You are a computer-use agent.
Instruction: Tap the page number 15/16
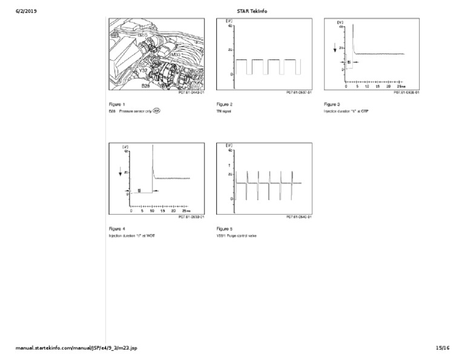443,348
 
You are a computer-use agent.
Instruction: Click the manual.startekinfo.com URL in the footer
76,348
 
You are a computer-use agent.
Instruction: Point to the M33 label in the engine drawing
176,55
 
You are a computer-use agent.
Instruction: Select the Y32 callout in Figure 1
143,71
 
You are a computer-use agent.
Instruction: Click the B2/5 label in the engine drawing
143,35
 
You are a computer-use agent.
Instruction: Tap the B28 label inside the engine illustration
145,86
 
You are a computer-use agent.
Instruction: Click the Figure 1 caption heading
117,104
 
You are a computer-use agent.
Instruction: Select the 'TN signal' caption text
224,112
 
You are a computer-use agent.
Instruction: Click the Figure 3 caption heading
332,104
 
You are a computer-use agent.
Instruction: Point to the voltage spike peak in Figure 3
353,25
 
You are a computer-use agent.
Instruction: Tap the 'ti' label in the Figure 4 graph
140,190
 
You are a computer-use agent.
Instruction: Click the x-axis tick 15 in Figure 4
163,211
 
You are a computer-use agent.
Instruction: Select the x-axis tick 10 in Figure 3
369,86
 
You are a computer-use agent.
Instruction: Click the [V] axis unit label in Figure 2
229,21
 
